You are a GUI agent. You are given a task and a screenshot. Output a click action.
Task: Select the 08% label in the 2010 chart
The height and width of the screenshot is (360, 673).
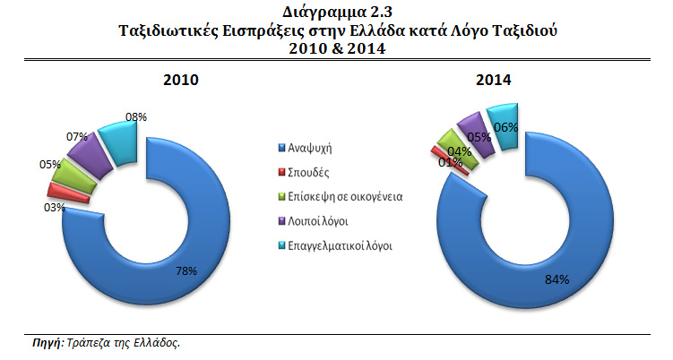(x=136, y=116)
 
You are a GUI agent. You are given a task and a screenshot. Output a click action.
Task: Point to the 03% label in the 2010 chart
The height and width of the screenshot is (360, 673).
(x=56, y=207)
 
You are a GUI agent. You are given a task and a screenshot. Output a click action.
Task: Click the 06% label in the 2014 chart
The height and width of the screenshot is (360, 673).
(x=506, y=127)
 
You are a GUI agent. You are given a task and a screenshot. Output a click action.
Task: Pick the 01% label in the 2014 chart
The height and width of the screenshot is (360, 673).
(x=449, y=162)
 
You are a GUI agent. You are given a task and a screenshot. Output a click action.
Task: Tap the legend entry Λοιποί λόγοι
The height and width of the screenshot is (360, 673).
(x=318, y=219)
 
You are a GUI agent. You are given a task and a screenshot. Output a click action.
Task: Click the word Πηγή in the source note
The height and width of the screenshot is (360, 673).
(x=45, y=343)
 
